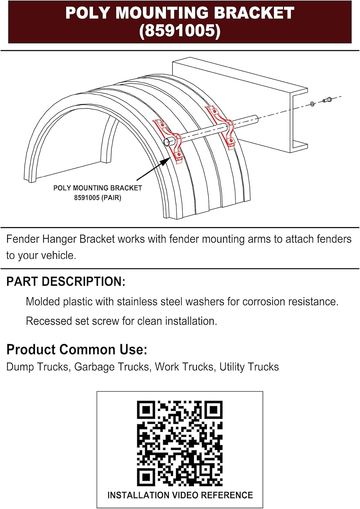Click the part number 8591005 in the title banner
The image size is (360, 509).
180,31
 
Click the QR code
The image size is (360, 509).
180,443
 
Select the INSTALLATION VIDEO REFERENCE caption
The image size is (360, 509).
180,495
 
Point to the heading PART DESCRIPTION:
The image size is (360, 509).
66,281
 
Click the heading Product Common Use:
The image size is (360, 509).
77,350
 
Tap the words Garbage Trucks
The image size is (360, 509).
112,367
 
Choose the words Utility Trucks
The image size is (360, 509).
249,367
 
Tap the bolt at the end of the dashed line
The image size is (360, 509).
327,100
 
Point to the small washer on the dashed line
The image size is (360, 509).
312,104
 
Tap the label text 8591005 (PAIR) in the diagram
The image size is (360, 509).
97,197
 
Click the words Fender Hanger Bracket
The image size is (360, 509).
61,239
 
